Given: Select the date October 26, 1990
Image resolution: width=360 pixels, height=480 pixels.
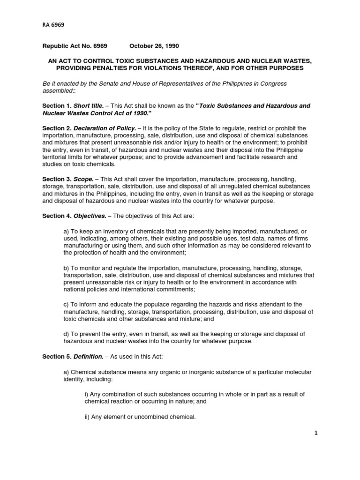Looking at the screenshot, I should pos(154,46).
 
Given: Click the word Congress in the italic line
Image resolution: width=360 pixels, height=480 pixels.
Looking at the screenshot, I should pos(274,83).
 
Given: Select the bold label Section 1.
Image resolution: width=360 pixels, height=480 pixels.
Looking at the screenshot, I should pos(56,106).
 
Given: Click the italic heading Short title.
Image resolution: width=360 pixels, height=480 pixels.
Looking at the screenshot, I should pos(88,106).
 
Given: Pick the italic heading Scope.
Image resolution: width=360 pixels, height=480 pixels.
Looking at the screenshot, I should pos(83,180).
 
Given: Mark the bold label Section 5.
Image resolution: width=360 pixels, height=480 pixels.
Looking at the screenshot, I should pos(56,357).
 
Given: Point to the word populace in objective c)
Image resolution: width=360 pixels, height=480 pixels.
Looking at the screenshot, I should pos(152,304).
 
